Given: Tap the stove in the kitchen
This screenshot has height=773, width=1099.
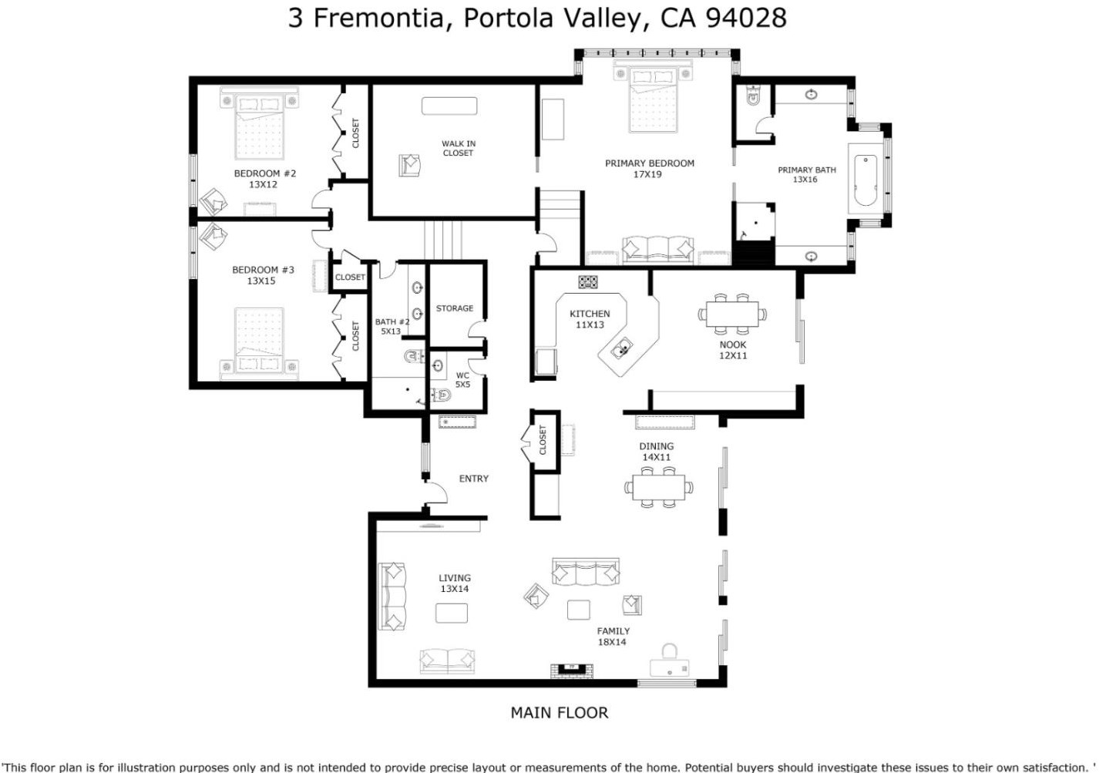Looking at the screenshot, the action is tap(588, 281).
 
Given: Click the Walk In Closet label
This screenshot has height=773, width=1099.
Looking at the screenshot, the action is tap(459, 148).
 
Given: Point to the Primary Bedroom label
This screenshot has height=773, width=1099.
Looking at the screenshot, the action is tap(649, 168).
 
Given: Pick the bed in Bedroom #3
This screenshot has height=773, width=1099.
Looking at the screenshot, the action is tap(259, 344).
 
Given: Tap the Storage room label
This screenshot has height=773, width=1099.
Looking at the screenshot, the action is tap(454, 308).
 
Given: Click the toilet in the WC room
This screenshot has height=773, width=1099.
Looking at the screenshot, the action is tap(441, 394).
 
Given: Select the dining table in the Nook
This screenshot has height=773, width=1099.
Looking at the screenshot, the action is tap(732, 314).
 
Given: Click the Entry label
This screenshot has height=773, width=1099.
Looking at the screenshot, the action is tap(473, 479).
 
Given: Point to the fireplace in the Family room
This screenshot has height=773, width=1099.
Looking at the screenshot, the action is tap(572, 670).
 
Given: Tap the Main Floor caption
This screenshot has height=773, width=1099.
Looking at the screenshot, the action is tap(560, 713).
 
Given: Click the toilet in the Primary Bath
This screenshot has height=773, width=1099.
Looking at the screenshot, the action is tap(753, 96).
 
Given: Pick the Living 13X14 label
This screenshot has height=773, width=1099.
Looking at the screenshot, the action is tap(454, 583).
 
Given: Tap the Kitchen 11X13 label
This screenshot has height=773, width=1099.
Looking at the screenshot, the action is tap(590, 319).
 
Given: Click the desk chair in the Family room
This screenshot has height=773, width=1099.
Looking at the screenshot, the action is tap(669, 651).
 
